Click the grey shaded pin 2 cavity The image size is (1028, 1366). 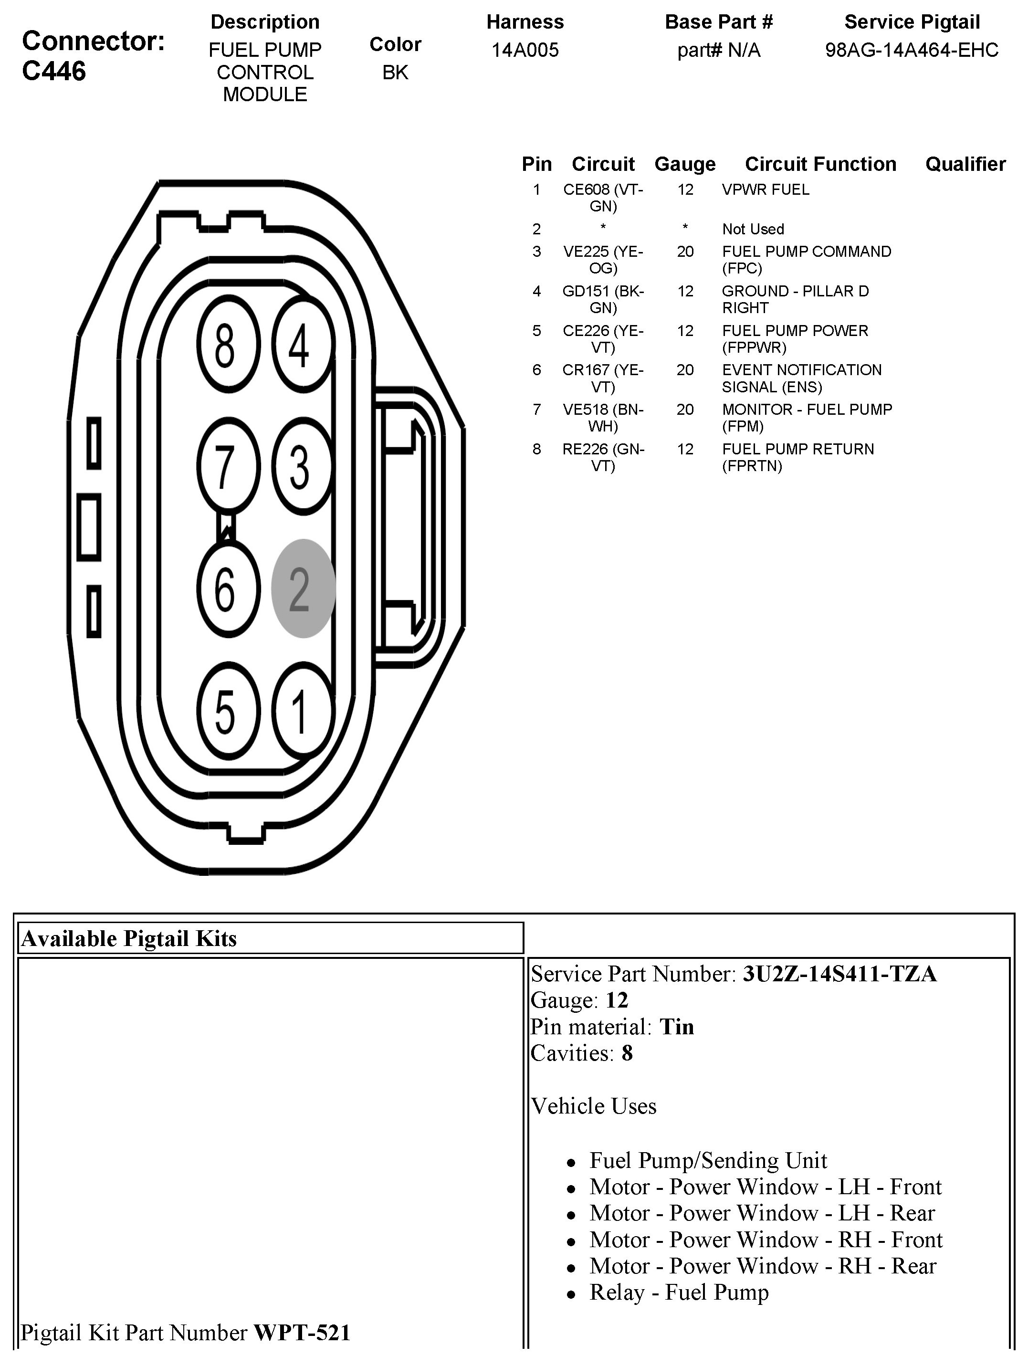[x=303, y=588]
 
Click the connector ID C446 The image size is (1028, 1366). [x=54, y=72]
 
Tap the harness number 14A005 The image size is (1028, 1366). [x=525, y=50]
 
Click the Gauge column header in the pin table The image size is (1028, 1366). [x=685, y=164]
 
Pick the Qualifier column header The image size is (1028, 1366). [x=965, y=164]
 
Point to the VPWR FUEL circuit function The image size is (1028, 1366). [x=765, y=189]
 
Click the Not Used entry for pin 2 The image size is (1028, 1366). [x=753, y=229]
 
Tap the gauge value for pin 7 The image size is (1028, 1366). [x=685, y=410]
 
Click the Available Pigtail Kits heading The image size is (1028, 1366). [x=129, y=939]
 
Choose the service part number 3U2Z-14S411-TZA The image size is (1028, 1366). [x=839, y=974]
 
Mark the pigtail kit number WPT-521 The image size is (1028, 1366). [x=302, y=1333]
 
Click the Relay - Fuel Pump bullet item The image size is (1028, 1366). [x=679, y=1292]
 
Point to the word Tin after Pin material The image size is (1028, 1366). [x=677, y=1027]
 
